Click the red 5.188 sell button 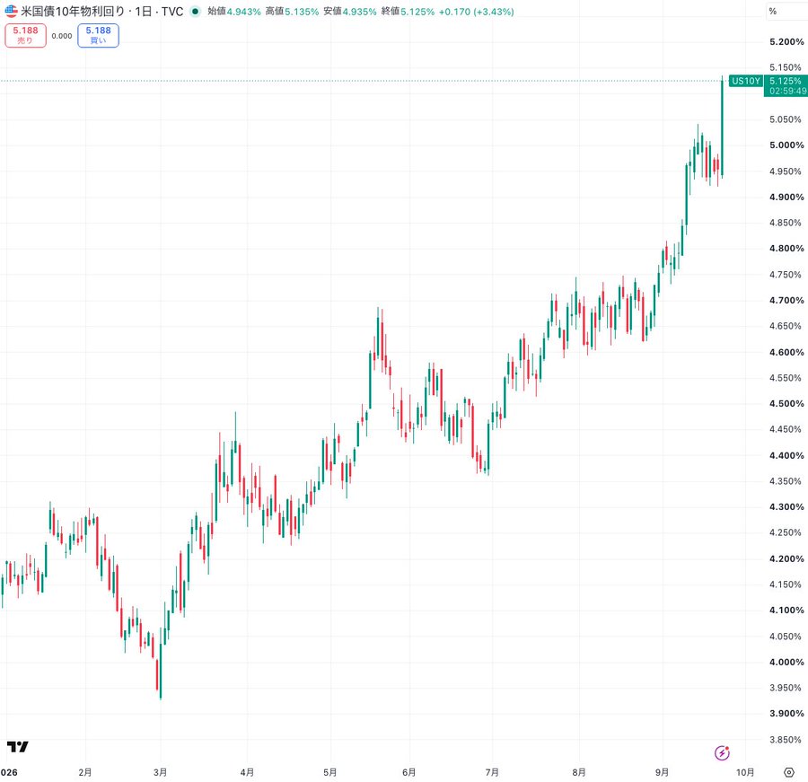(25, 36)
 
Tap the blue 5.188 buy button (99, 36)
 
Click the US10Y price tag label (746, 81)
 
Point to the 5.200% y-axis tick (786, 42)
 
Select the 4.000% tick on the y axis (786, 662)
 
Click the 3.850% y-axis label (786, 740)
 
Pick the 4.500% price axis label (786, 404)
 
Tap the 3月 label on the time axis (161, 772)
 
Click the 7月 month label (492, 772)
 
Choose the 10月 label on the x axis (745, 772)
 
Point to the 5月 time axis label (329, 772)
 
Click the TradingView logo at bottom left (18, 746)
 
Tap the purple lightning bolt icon (722, 753)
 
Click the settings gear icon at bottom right (789, 772)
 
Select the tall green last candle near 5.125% (722, 127)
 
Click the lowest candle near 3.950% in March (161, 670)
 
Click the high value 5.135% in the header (292, 12)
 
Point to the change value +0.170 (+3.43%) (476, 12)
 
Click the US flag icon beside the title (12, 11)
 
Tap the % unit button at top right (772, 12)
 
